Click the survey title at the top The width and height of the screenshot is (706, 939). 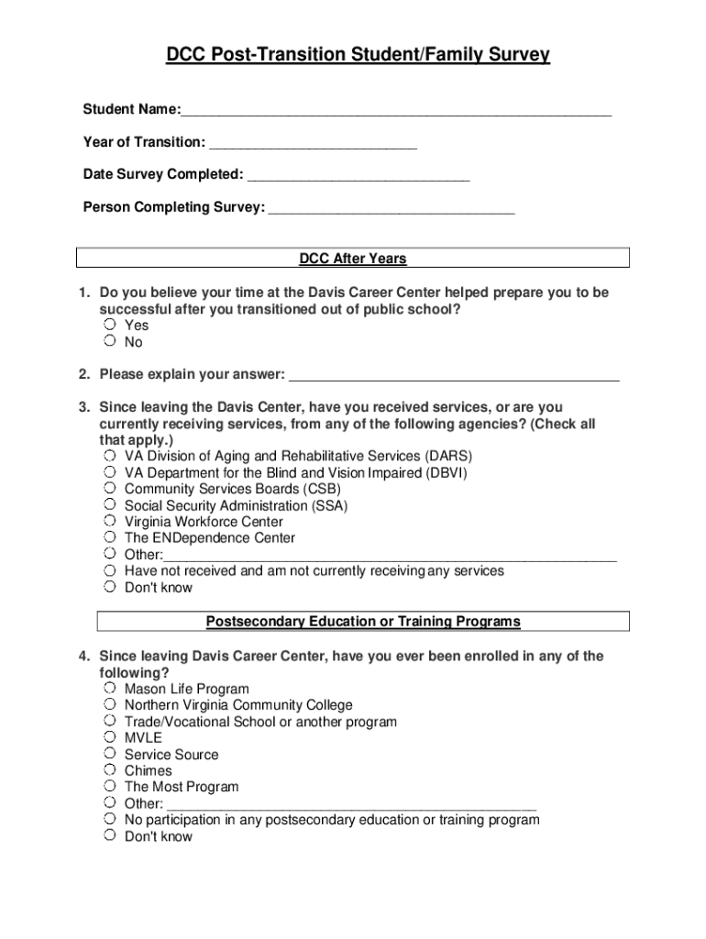(358, 56)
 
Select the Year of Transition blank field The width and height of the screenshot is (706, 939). (313, 144)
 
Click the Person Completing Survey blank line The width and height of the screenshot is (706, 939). (391, 209)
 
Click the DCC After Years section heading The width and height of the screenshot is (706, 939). (353, 259)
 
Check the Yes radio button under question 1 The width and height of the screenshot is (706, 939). (109, 326)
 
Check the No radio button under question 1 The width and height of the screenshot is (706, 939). (109, 342)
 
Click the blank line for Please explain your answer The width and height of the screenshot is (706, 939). (454, 376)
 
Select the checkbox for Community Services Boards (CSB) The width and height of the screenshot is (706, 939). (109, 489)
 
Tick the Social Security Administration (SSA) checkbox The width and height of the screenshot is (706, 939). (109, 505)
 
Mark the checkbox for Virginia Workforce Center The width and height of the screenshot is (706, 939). (109, 522)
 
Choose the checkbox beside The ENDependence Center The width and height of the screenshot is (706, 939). (109, 538)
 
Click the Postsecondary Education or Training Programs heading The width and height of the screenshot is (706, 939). (363, 622)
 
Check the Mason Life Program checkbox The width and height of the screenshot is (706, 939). (109, 689)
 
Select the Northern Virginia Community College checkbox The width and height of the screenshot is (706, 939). (109, 705)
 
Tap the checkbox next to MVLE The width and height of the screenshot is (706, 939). (109, 738)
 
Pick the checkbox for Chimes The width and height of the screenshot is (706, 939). (109, 771)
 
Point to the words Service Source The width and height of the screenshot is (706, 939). (171, 755)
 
